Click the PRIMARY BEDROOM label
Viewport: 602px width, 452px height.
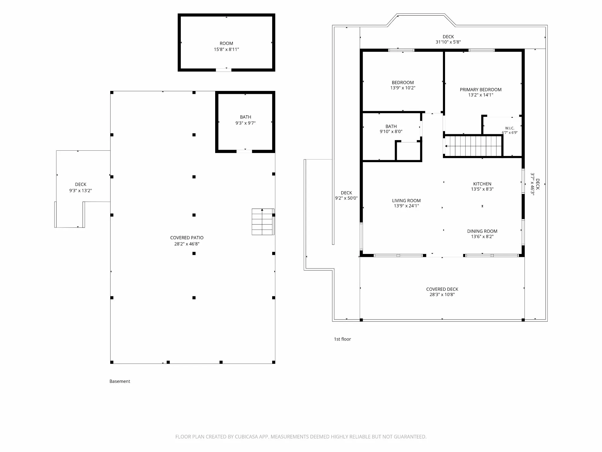481,89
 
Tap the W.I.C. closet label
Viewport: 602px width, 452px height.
510,128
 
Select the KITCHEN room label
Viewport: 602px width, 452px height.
482,184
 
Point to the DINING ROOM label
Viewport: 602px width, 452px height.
482,231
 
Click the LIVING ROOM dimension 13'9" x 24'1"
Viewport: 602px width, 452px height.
407,206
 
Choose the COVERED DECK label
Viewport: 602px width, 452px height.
442,289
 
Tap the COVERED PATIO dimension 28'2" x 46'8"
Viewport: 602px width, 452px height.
187,244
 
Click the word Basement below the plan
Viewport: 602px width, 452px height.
120,381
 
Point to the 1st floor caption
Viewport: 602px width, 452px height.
342,339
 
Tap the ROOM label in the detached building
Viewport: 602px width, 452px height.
226,43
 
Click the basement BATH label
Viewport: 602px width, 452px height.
245,117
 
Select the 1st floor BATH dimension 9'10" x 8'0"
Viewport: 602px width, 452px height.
391,132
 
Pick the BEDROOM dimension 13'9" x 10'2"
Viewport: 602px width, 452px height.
403,88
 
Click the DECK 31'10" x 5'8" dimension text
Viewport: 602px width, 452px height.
448,42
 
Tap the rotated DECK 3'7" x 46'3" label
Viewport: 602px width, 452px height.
535,184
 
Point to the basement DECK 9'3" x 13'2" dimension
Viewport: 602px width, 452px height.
81,191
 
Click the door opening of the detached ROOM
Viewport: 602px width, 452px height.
223,70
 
